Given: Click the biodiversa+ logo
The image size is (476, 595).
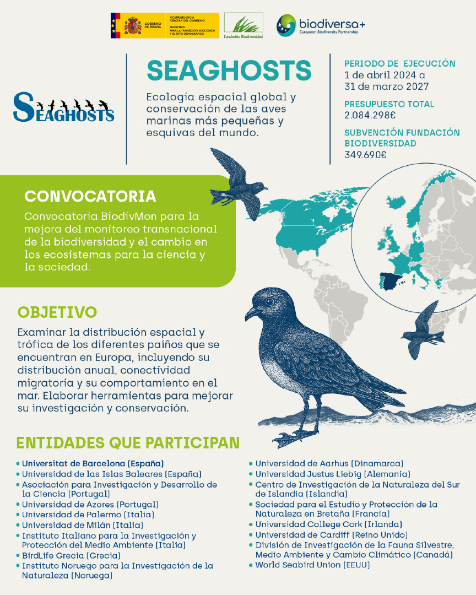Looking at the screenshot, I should (321, 25).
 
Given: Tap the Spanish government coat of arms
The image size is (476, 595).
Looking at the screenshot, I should (133, 25).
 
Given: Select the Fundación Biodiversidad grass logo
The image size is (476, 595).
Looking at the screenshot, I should (243, 25).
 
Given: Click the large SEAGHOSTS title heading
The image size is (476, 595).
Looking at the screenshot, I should (229, 71).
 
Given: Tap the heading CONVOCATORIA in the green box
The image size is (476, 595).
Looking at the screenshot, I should (90, 197).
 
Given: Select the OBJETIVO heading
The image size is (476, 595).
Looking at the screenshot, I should (57, 312).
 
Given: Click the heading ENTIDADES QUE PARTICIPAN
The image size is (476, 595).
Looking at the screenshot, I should (128, 443).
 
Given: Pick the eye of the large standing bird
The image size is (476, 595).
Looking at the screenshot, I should (269, 302).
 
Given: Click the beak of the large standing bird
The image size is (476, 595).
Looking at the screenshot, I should (251, 314).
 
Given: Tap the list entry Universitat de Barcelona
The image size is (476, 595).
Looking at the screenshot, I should (93, 463).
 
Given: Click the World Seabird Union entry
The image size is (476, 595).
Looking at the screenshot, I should (312, 565).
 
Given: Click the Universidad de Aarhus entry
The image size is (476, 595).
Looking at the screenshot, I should (329, 463).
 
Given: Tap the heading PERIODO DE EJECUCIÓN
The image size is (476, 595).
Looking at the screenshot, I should (399, 63).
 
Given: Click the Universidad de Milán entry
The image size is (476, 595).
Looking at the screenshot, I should (82, 525).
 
